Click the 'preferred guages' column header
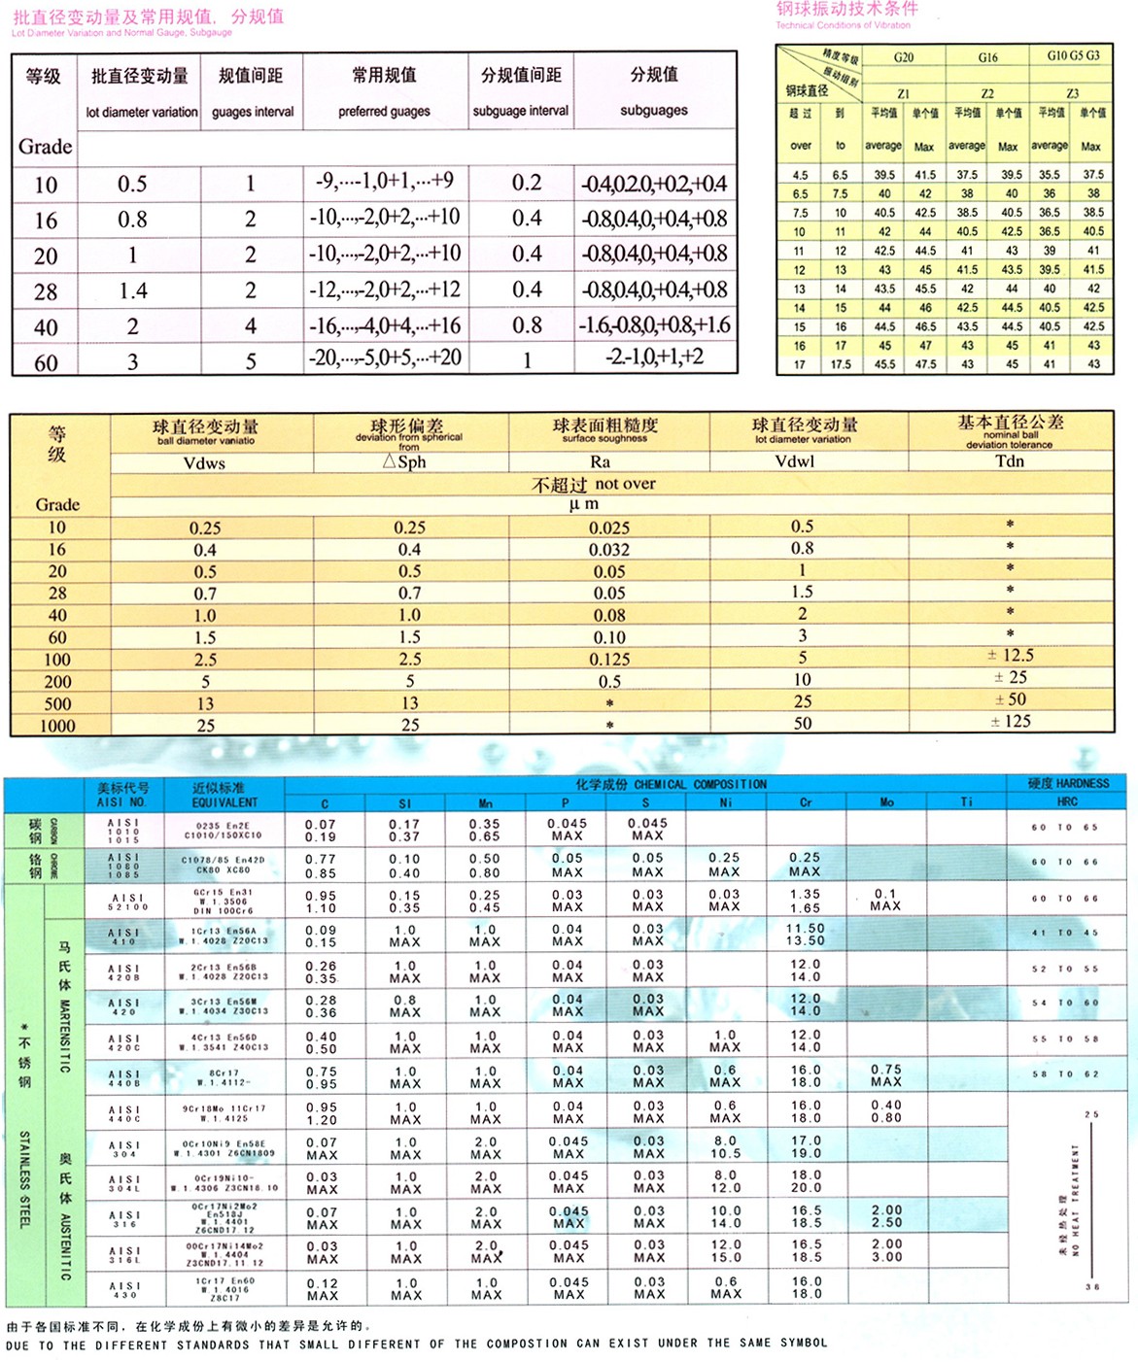click(384, 112)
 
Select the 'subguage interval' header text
click(521, 111)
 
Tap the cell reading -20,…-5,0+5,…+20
click(385, 358)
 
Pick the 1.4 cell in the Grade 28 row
click(133, 290)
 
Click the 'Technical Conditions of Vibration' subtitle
click(843, 25)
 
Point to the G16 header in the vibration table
click(987, 57)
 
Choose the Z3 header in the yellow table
click(1072, 93)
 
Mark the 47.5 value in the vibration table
click(925, 364)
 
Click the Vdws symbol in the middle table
click(204, 463)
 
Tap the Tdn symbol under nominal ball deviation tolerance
click(1010, 461)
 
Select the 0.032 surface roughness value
click(609, 550)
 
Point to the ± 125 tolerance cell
click(1011, 722)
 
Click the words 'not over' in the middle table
click(625, 484)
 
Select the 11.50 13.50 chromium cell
click(806, 935)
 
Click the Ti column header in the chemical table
click(966, 802)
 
